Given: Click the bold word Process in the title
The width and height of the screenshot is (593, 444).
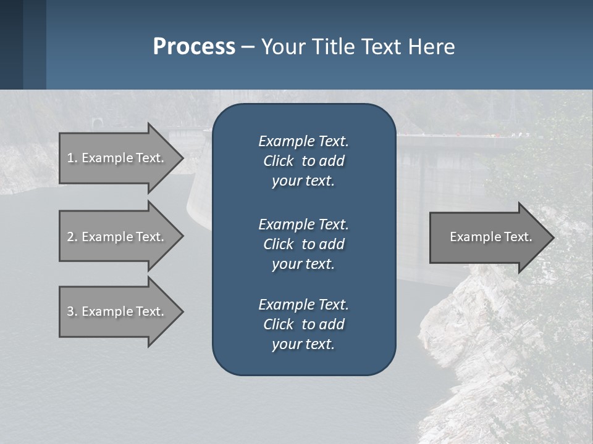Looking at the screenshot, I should pos(194,47).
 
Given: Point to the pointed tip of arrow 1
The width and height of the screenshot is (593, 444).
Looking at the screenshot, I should pos(182,158).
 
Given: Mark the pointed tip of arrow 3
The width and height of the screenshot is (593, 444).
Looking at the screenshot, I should pos(182,311).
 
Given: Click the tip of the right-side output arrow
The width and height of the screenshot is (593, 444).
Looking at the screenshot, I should pos(553,237).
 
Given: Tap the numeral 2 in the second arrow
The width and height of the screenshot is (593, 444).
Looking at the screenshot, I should pos(70,237).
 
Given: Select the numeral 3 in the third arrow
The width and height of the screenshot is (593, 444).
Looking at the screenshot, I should pos(70,311).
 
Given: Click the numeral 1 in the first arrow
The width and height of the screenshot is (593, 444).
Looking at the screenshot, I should pos(70,158).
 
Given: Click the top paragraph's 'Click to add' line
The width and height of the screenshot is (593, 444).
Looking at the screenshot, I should pos(303,161).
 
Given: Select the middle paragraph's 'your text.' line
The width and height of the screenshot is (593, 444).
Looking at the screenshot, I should pos(303,264).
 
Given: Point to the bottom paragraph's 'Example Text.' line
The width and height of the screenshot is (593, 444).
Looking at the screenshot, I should pos(303,305).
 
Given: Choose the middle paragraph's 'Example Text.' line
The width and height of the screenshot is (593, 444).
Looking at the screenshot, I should pos(303,224).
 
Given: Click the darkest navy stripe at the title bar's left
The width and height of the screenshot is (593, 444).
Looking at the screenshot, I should pos(11,44).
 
